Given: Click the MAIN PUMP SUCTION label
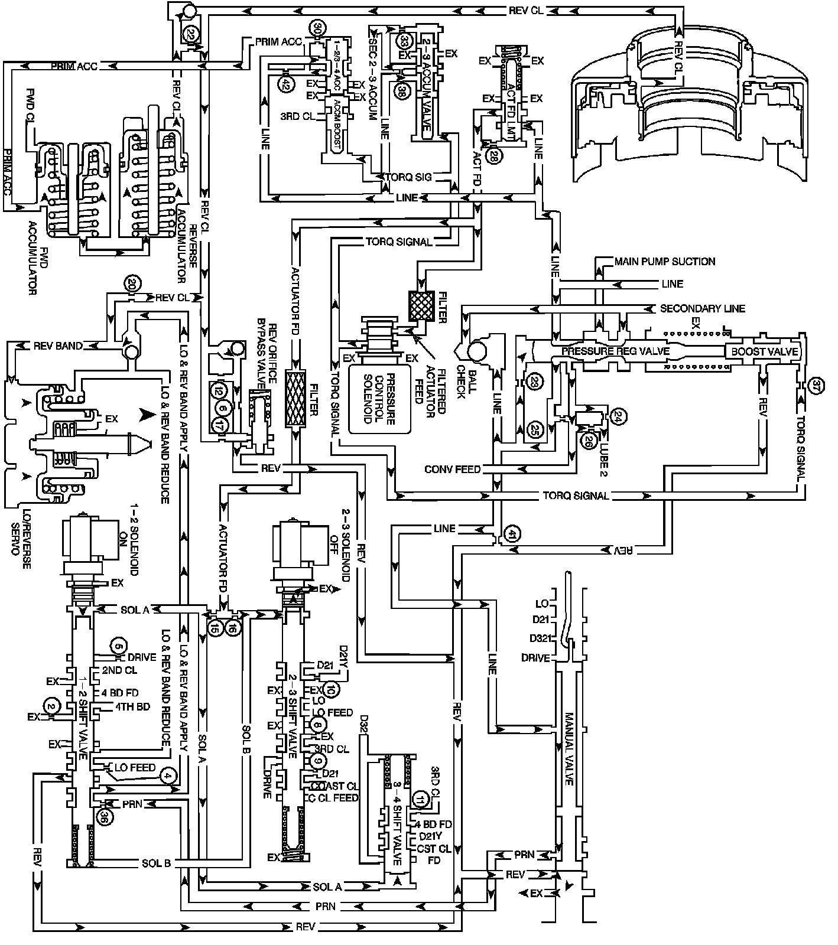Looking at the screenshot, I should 664,261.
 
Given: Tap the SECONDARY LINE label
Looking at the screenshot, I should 702,308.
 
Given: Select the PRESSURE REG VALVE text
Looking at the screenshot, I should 615,351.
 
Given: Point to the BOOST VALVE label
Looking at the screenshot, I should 765,351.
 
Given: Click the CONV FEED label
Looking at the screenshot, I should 452,469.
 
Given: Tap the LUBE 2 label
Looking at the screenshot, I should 605,455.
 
